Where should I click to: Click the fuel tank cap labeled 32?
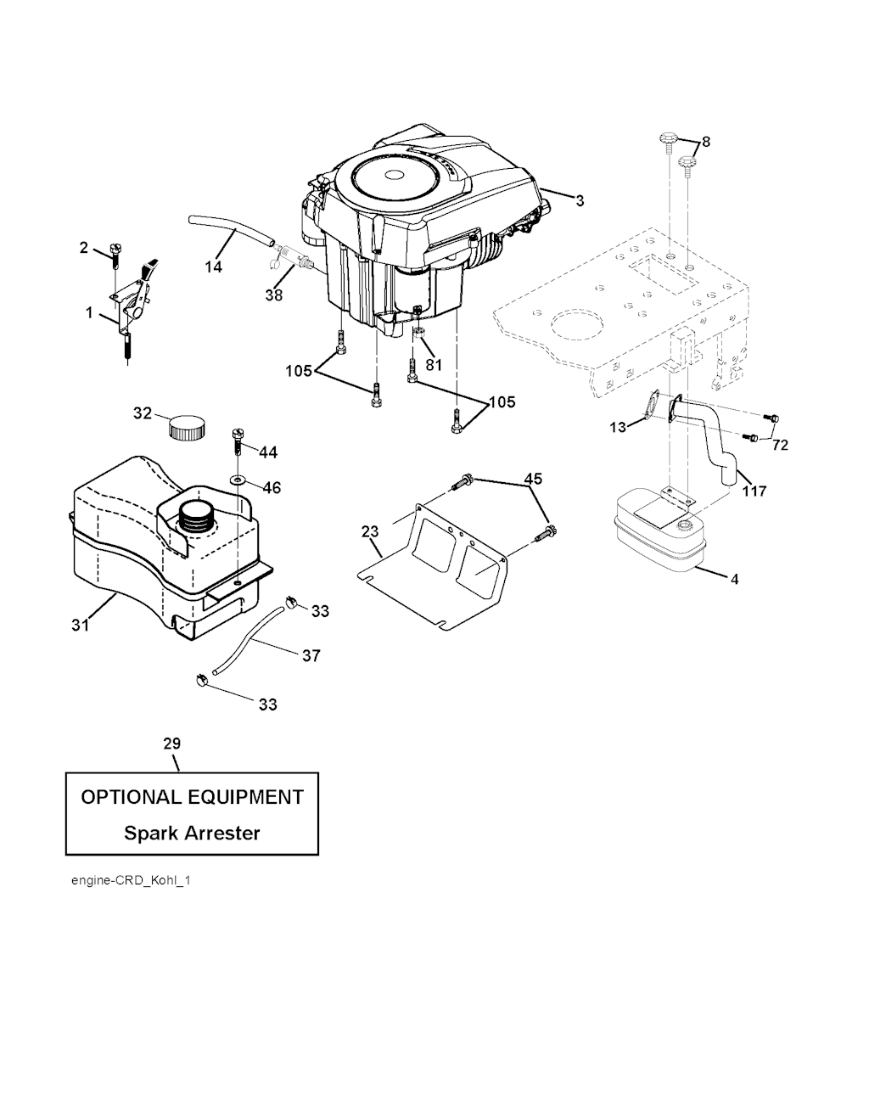coord(187,426)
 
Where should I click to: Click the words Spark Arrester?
coord(192,833)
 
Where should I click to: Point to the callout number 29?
coord(171,744)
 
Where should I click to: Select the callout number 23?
coord(370,532)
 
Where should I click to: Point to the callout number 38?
coord(273,295)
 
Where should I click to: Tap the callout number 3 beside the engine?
coord(580,201)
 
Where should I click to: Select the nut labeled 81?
coord(419,328)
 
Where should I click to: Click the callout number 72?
coord(781,445)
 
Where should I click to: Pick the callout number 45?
coord(533,479)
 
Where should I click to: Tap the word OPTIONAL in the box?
coord(130,797)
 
